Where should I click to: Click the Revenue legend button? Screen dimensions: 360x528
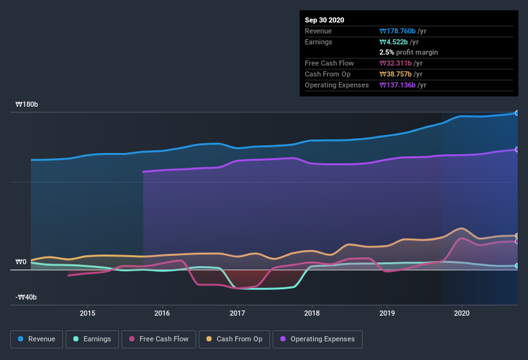[x=37, y=339]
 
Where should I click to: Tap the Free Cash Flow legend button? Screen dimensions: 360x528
[x=158, y=339]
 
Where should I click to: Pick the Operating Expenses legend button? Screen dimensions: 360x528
[x=318, y=339]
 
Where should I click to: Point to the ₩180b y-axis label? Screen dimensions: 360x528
[x=27, y=104]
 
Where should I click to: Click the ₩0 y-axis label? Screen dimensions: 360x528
[x=21, y=262]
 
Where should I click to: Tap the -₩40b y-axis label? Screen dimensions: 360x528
[x=26, y=297]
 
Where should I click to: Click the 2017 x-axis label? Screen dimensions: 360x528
[x=237, y=313]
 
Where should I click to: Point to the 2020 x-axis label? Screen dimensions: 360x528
[x=462, y=313]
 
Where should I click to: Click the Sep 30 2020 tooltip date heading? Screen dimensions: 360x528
[x=325, y=20]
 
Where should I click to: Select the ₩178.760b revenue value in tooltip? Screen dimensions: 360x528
[x=403, y=31]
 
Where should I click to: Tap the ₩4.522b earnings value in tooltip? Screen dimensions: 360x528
[x=399, y=42]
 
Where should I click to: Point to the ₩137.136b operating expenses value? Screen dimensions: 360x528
[x=403, y=85]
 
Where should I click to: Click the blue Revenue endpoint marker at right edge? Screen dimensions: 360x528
[x=516, y=113]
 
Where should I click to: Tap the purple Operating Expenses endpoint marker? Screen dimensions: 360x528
[x=516, y=149]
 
